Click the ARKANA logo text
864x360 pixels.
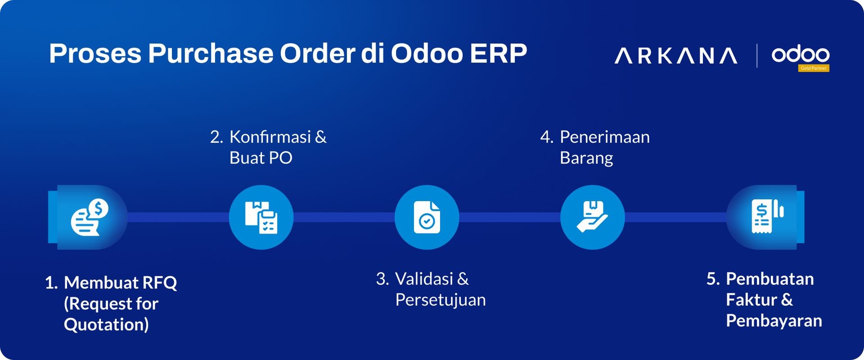(x=675, y=56)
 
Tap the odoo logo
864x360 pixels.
(x=800, y=54)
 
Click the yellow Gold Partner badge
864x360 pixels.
(x=814, y=68)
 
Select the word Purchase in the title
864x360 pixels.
(x=211, y=54)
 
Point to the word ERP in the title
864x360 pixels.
(x=498, y=54)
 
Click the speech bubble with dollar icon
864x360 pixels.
(x=90, y=217)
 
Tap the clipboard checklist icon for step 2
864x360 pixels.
(x=261, y=217)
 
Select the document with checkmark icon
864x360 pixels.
(x=427, y=217)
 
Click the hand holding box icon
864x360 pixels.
(x=592, y=217)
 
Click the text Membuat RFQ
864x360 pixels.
(x=120, y=283)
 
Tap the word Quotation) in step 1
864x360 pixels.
(x=106, y=324)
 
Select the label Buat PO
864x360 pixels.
(x=261, y=158)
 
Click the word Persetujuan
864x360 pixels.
(x=440, y=300)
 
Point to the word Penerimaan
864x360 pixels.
(x=604, y=137)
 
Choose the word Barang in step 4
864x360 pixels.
(x=586, y=158)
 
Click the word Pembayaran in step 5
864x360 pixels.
(x=774, y=320)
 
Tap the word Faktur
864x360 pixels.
(x=751, y=300)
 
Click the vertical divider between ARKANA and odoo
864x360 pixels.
(x=757, y=56)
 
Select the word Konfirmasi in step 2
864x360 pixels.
(x=270, y=137)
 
